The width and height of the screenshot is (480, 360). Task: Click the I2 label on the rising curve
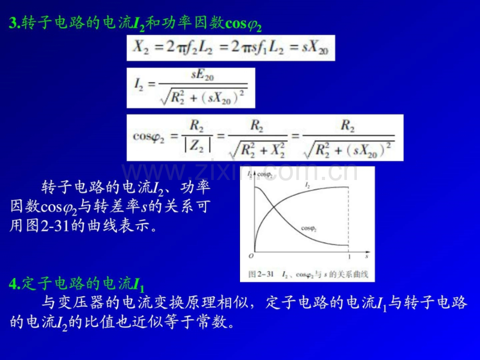307,186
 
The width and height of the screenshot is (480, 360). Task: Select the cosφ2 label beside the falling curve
309,228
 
